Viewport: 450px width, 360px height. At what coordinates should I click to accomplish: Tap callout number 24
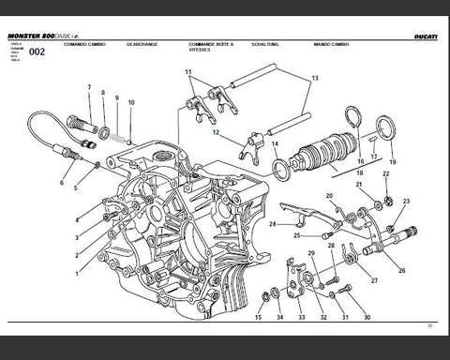[x=271, y=225]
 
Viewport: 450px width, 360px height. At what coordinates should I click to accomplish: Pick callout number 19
[x=392, y=161]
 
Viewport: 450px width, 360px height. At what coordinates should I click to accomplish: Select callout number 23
[x=405, y=202]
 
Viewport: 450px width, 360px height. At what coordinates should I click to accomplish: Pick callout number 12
[x=216, y=133]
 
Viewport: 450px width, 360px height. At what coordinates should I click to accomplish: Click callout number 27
[x=373, y=279]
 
